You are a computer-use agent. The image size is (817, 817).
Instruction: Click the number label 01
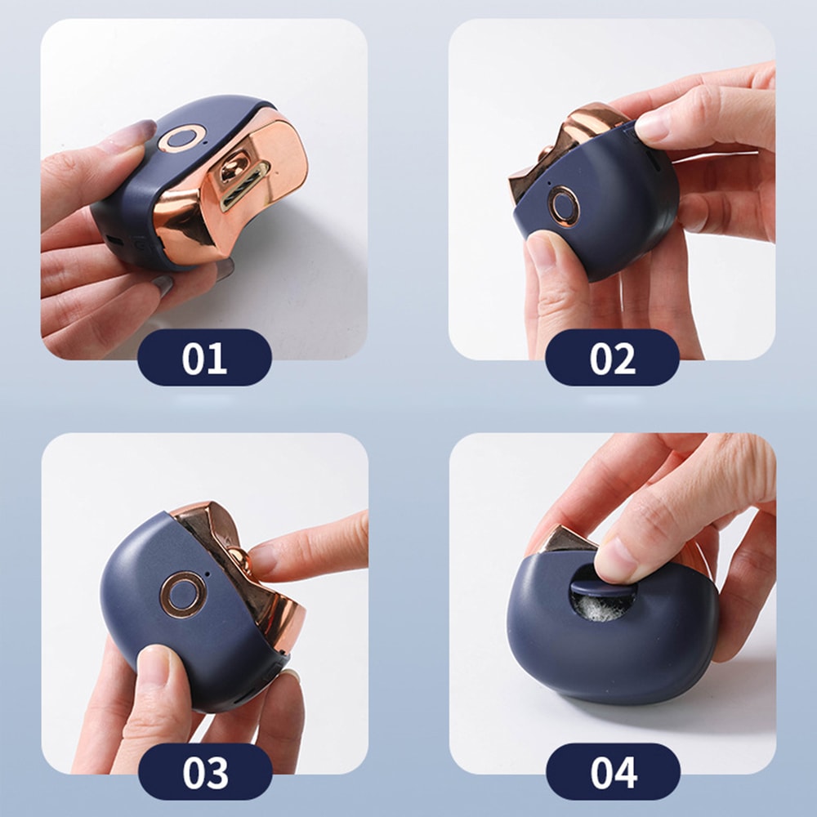click(x=204, y=358)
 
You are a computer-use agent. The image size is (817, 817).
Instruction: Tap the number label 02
click(x=612, y=358)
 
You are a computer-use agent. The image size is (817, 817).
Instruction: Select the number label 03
click(x=204, y=771)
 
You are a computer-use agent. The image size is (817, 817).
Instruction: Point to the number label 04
click(x=612, y=771)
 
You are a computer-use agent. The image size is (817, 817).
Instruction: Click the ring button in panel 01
click(x=181, y=139)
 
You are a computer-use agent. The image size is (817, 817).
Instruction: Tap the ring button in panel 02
click(x=563, y=204)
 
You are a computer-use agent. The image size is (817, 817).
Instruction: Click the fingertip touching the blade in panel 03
click(x=266, y=560)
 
